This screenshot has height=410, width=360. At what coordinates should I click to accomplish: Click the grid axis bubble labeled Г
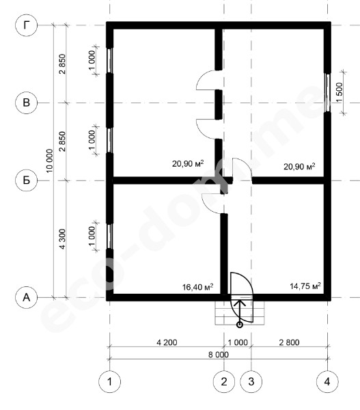pyautogui.click(x=27, y=25)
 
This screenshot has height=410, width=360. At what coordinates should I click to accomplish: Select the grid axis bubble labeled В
pyautogui.click(x=27, y=102)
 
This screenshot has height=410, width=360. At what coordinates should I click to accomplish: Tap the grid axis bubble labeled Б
pyautogui.click(x=27, y=180)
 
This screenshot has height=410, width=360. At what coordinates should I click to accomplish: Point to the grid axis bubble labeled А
pyautogui.click(x=27, y=297)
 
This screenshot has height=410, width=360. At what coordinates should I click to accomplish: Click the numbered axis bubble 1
pyautogui.click(x=109, y=382)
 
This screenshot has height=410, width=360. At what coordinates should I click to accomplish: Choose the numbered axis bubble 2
pyautogui.click(x=224, y=382)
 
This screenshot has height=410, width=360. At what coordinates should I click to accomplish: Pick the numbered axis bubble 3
pyautogui.click(x=251, y=382)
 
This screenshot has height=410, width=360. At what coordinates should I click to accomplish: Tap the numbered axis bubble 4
pyautogui.click(x=327, y=382)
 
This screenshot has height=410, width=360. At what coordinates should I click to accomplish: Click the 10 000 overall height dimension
pyautogui.click(x=49, y=161)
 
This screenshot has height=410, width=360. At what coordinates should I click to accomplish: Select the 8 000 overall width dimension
pyautogui.click(x=219, y=355)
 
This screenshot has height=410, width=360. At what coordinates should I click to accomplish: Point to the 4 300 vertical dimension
pyautogui.click(x=62, y=239)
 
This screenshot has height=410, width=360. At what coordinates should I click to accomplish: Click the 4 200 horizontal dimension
pyautogui.click(x=167, y=342)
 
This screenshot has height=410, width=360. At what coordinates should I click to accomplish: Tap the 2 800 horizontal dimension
pyautogui.click(x=289, y=342)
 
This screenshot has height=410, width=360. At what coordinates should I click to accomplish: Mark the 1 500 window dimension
pyautogui.click(x=340, y=92)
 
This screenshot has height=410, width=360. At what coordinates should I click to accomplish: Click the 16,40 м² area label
pyautogui.click(x=197, y=287)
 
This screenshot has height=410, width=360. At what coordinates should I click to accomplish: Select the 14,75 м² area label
pyautogui.click(x=305, y=286)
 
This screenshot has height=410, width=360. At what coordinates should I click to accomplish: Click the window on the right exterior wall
pyautogui.click(x=327, y=92)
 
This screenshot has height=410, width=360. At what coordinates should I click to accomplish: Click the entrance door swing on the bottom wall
pyautogui.click(x=242, y=297)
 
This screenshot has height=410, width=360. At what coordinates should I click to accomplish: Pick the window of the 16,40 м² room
pyautogui.click(x=110, y=236)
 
